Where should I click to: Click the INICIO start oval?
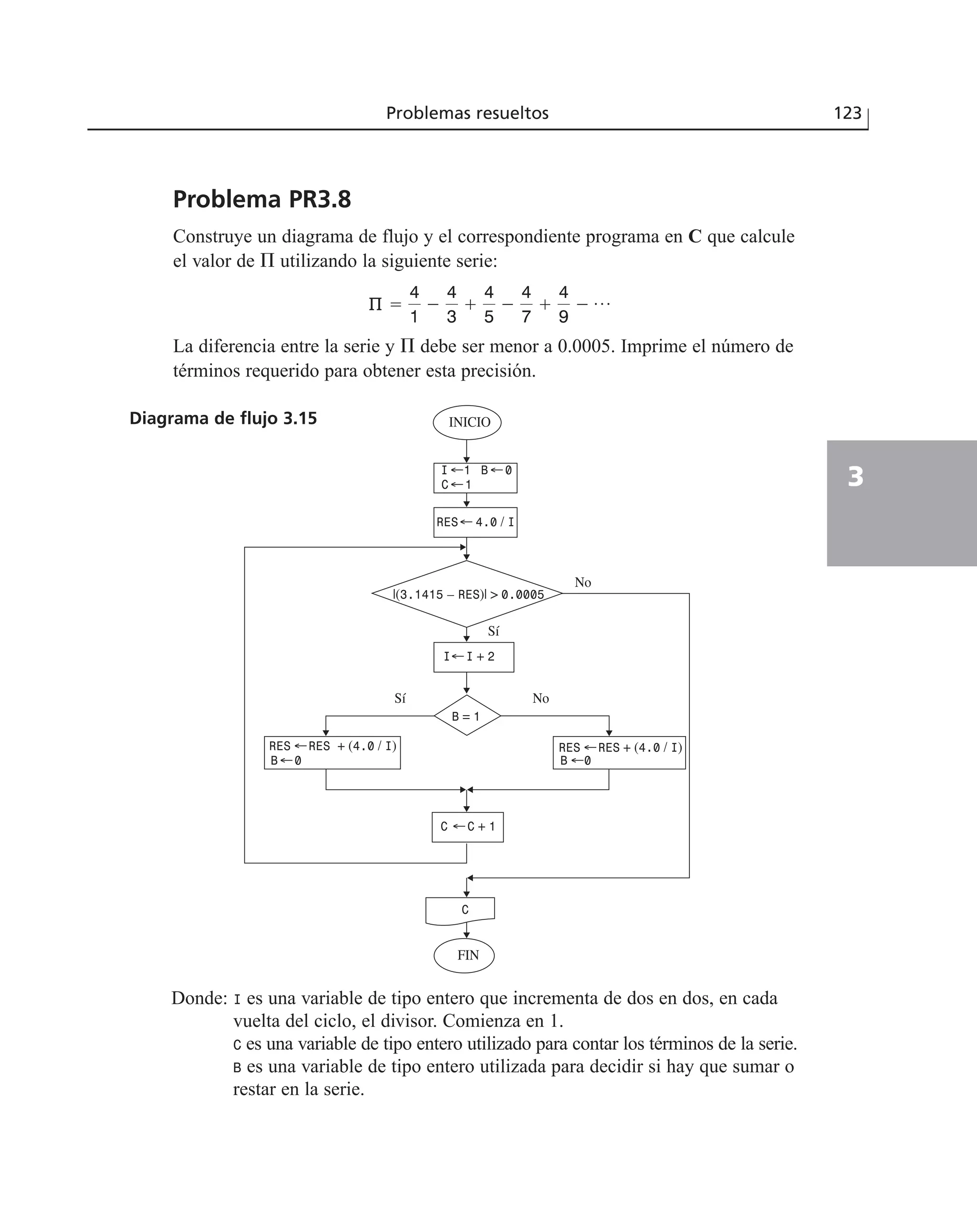[x=467, y=422]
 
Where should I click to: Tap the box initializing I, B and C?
[x=475, y=477]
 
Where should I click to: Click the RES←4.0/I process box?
[x=475, y=522]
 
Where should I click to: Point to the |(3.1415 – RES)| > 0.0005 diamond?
[x=467, y=594]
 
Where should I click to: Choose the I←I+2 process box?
[x=473, y=656]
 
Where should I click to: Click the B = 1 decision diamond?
[x=467, y=716]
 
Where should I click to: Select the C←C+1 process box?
[x=467, y=827]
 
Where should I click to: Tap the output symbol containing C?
[x=460, y=909]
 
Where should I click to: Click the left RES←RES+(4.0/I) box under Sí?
[x=332, y=752]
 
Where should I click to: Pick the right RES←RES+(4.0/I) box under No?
[x=619, y=753]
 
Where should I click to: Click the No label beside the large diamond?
[x=582, y=582]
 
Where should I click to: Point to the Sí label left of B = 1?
[x=400, y=698]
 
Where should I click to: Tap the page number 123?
[x=847, y=113]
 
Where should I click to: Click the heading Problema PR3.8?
[x=262, y=200]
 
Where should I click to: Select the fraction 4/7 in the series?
[x=526, y=305]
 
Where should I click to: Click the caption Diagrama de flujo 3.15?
[x=223, y=418]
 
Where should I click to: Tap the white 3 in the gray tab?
[x=855, y=476]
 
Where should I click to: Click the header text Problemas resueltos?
[x=467, y=113]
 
